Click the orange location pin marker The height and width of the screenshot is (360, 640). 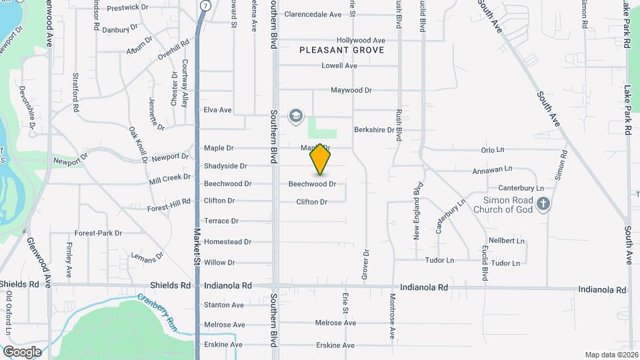click(x=320, y=159)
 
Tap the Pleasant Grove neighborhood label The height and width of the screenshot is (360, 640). click(x=342, y=50)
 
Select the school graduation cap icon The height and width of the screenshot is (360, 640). click(x=295, y=117)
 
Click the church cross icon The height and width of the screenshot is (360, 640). click(x=544, y=204)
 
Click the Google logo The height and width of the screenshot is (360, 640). click(x=22, y=351)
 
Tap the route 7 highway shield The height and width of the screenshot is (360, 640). click(x=205, y=5)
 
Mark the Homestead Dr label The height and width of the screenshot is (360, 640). click(x=227, y=242)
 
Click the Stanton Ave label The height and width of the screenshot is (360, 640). click(x=224, y=305)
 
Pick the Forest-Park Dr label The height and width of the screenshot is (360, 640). click(x=98, y=233)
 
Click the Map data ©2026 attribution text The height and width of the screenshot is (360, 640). click(x=611, y=354)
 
